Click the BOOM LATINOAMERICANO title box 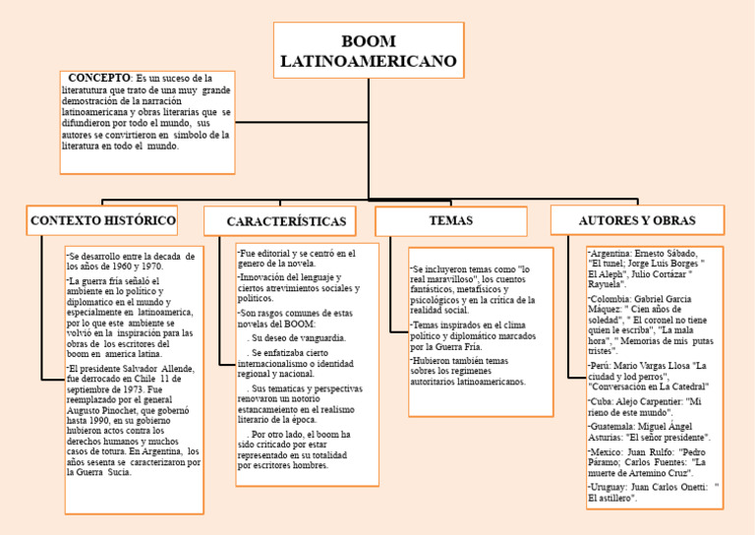click(x=368, y=51)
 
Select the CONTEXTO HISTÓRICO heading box click(x=103, y=220)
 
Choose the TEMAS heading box click(x=450, y=221)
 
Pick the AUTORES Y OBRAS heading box click(x=636, y=220)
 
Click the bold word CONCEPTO click(x=99, y=78)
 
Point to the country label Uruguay click(x=607, y=487)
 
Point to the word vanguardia click(x=316, y=337)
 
